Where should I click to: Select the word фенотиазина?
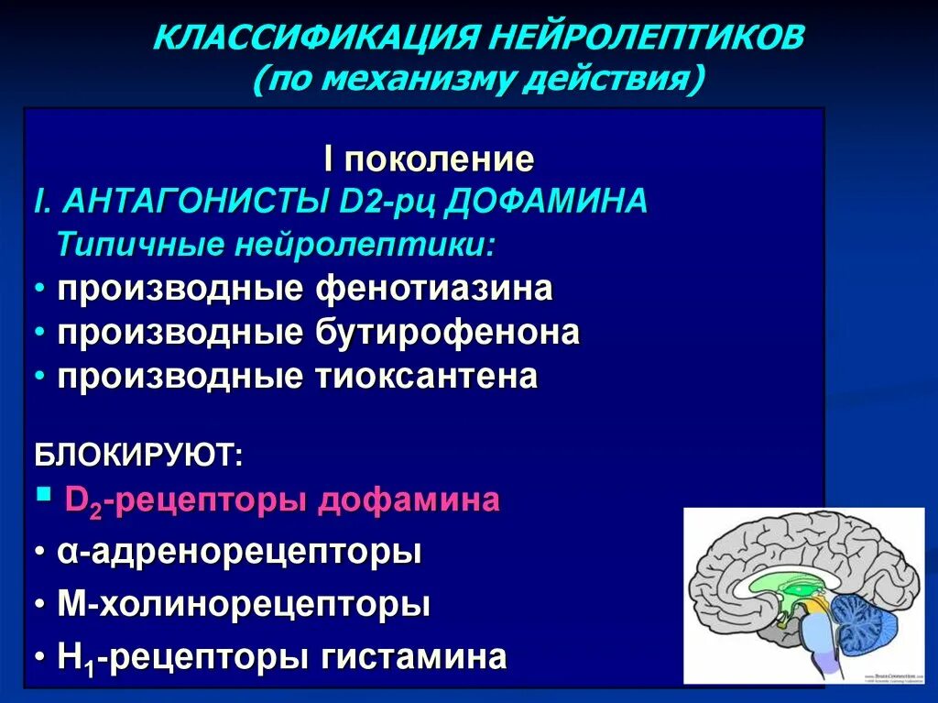tap(434, 289)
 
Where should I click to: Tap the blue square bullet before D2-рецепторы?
tap(42, 496)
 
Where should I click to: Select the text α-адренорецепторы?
tap(240, 553)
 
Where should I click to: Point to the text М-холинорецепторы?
tap(244, 605)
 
